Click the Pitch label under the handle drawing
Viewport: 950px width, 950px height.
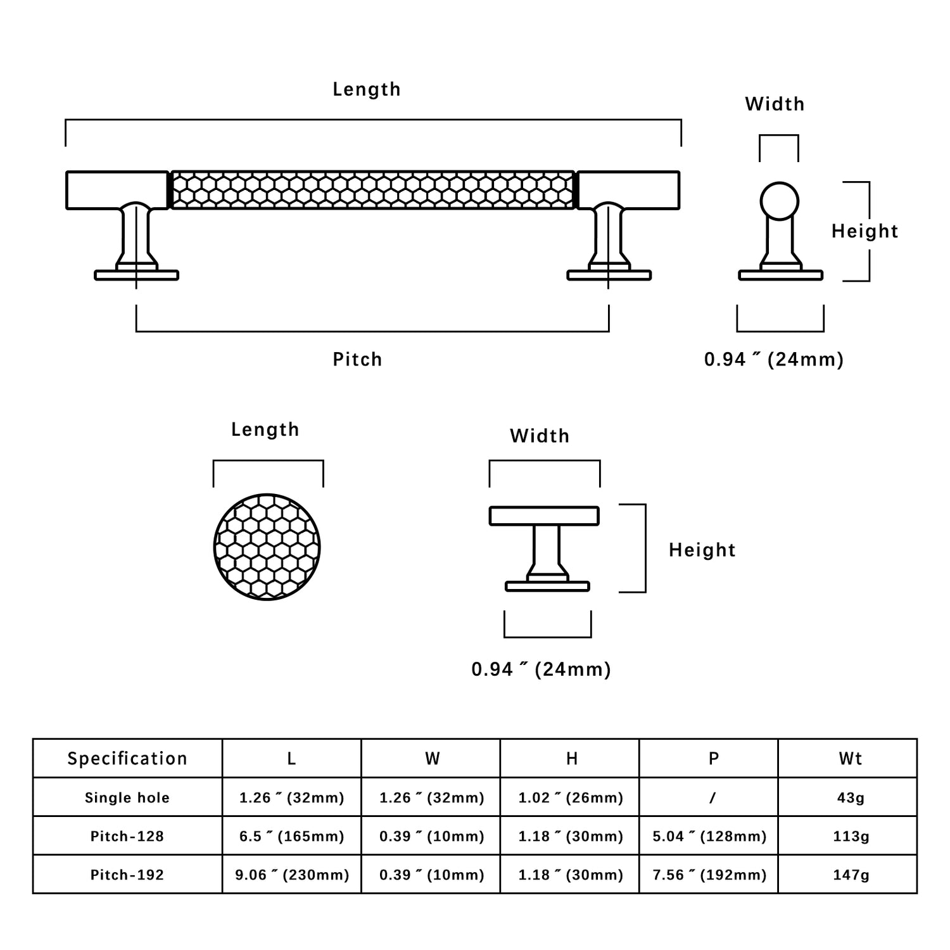point(357,359)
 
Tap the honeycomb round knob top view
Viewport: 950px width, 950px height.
point(267,547)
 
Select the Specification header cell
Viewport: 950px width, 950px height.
point(127,758)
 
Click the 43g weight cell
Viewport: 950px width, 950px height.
point(851,797)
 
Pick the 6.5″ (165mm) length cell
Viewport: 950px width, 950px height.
point(291,836)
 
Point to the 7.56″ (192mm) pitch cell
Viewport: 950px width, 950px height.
point(709,875)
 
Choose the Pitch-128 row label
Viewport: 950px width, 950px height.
point(127,836)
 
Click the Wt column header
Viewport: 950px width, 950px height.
point(851,758)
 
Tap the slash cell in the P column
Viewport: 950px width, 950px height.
point(712,797)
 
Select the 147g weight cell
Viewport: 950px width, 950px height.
point(851,875)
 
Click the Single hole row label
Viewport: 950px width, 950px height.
point(127,797)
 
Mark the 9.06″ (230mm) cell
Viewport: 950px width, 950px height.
point(291,875)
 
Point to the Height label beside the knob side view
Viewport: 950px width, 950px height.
point(702,550)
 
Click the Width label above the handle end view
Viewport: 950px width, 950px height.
point(775,104)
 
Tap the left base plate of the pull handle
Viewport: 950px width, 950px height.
point(136,275)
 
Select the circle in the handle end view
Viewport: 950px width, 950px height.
point(779,201)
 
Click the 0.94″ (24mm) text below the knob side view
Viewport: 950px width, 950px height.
point(541,669)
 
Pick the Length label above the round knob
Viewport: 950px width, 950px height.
point(265,429)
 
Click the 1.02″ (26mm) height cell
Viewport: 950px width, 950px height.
point(571,797)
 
